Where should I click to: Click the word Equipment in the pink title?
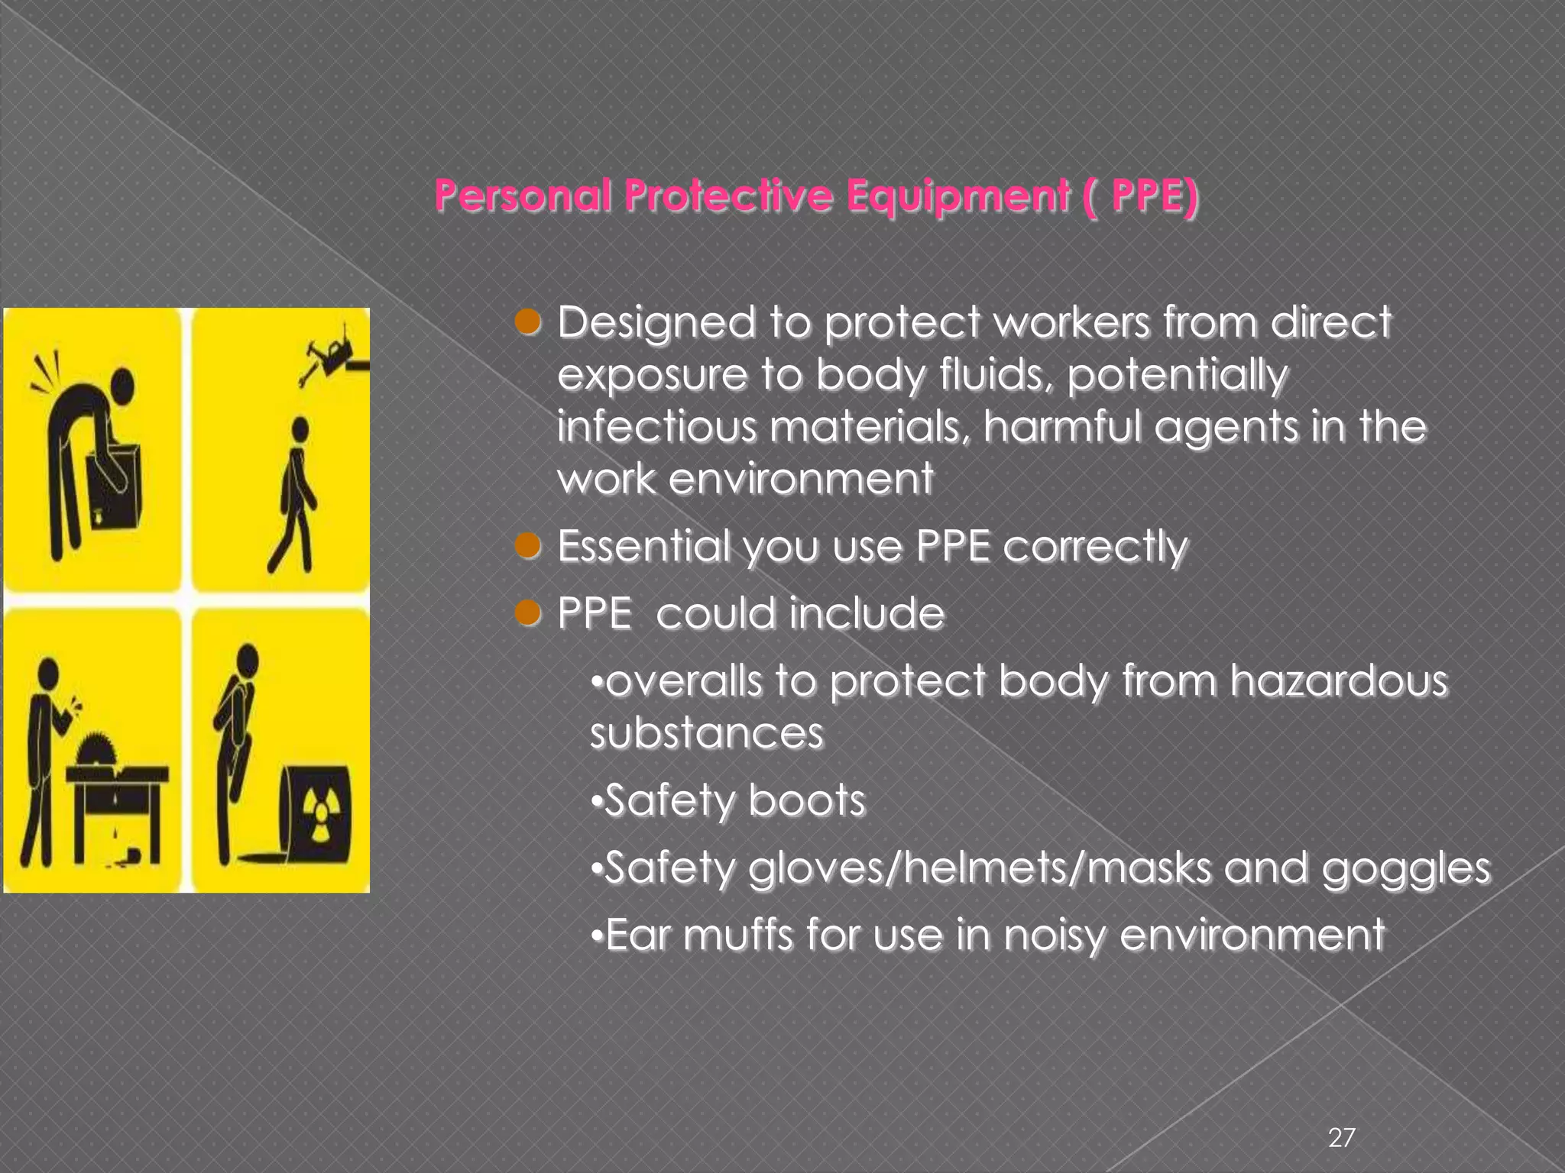pos(957,196)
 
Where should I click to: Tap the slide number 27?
pos(1342,1138)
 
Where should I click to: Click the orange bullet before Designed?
pos(528,322)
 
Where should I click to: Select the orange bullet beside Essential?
pos(528,546)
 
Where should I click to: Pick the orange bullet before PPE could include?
pos(528,612)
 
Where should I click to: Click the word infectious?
pos(656,426)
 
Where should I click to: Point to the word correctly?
pos(1094,547)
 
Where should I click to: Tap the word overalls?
pos(683,680)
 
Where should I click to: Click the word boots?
pos(807,800)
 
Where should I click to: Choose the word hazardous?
pos(1338,680)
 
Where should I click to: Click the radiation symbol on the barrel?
pos(319,813)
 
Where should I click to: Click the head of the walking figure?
pos(300,429)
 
